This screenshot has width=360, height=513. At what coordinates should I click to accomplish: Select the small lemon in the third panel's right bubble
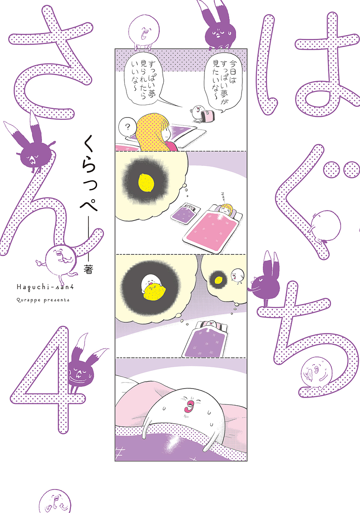coord(219,280)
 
